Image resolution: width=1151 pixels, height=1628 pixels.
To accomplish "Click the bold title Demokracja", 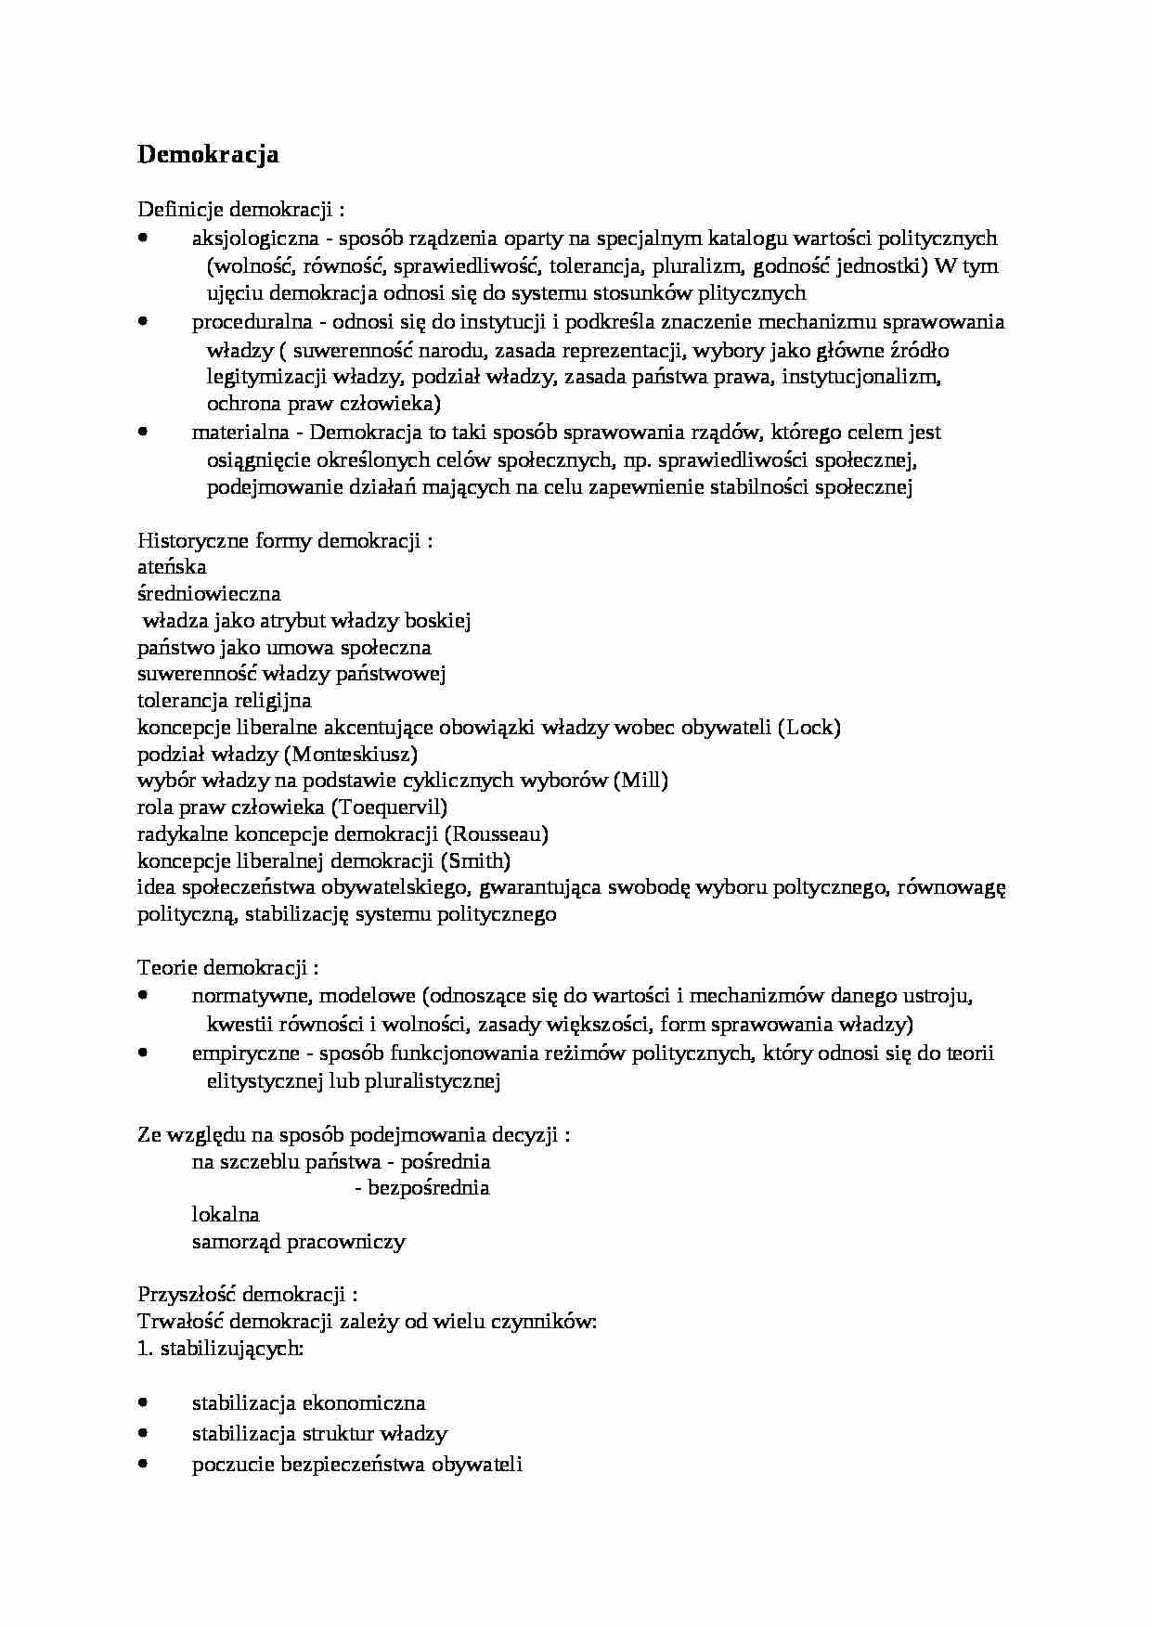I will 208,154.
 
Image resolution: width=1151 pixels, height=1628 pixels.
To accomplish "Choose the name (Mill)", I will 640,780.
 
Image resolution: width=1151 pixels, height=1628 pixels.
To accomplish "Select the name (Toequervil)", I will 389,807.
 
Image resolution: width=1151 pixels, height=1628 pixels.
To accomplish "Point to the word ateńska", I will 172,566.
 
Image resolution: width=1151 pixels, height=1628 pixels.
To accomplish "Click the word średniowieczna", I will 209,593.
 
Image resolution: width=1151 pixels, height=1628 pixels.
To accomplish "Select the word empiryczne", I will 245,1053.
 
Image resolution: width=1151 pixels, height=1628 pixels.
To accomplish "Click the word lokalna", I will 226,1215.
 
